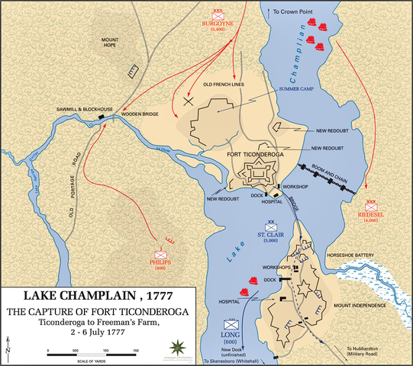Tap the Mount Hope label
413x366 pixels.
[x=116, y=45]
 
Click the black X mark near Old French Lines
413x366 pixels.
[x=189, y=101]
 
